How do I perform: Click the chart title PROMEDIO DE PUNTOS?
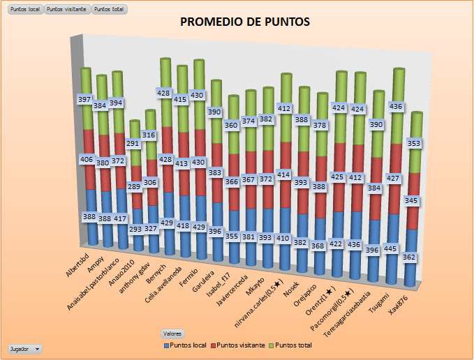tap(244, 22)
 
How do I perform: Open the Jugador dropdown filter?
tap(24, 348)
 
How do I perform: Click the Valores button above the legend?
tap(172, 333)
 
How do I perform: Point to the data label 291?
tap(133, 143)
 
